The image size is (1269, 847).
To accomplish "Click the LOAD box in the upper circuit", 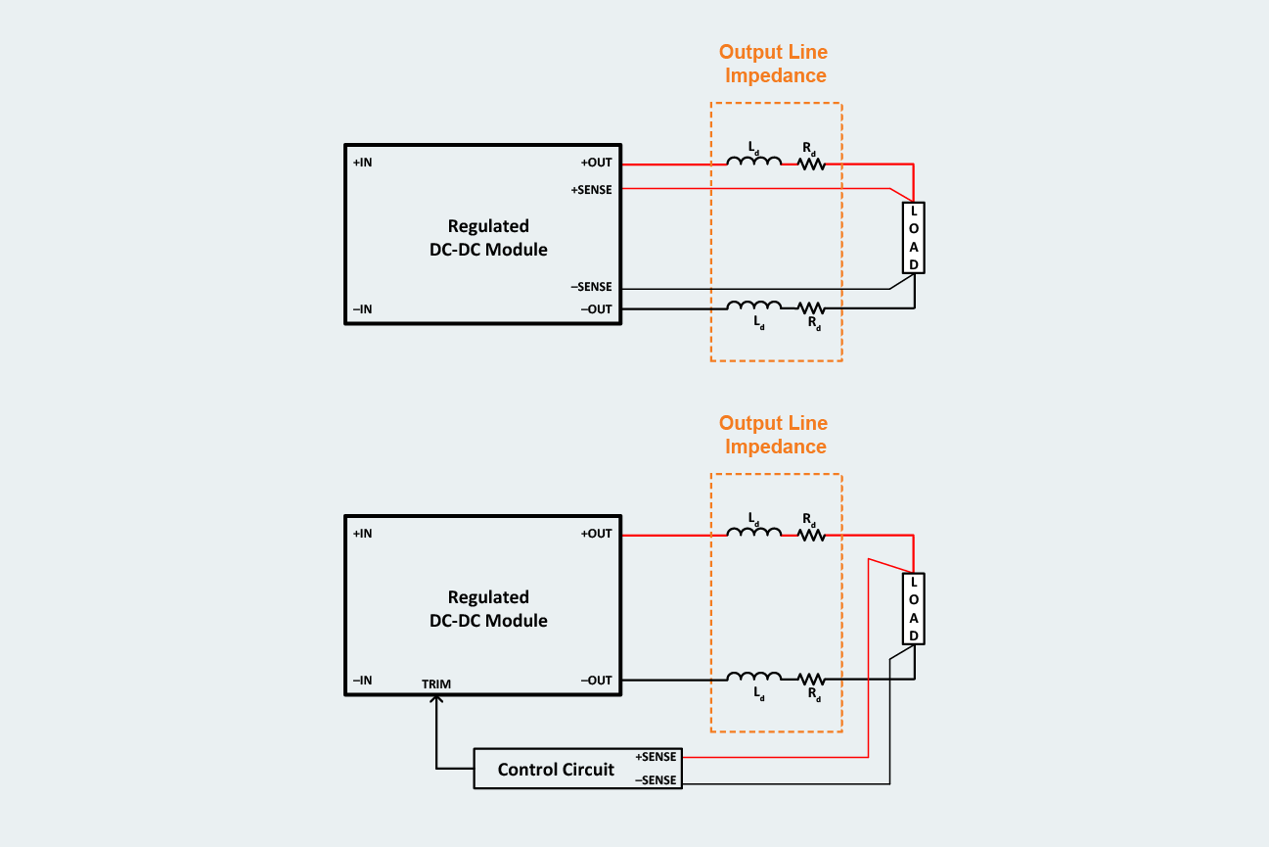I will click(x=913, y=238).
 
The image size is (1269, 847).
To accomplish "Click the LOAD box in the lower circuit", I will click(x=913, y=609).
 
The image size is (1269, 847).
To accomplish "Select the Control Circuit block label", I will click(x=556, y=770).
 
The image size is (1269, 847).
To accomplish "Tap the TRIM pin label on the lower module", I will click(x=436, y=683).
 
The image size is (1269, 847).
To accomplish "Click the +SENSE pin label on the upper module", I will click(x=591, y=190).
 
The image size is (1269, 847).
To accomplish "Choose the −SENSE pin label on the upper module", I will click(x=591, y=287).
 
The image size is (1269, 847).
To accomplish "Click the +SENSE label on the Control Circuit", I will click(x=656, y=757).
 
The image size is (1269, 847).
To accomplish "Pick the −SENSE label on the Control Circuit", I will click(x=656, y=780).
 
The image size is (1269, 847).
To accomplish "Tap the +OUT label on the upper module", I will click(x=596, y=163).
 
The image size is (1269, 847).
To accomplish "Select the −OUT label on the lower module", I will click(x=596, y=681).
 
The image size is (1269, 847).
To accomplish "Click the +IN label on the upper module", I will click(x=362, y=163).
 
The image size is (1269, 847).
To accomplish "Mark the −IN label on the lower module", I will click(x=362, y=681).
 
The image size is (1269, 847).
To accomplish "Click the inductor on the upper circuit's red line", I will click(x=753, y=162).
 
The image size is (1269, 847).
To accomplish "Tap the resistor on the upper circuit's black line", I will click(x=811, y=308).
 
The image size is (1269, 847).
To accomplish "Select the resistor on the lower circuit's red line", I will click(x=811, y=535).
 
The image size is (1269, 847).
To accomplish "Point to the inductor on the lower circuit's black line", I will click(x=753, y=678).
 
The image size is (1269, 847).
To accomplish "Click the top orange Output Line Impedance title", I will click(x=774, y=64).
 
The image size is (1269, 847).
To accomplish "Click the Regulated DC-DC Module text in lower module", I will click(x=488, y=609).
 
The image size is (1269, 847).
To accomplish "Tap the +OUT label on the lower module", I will click(x=596, y=534).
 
